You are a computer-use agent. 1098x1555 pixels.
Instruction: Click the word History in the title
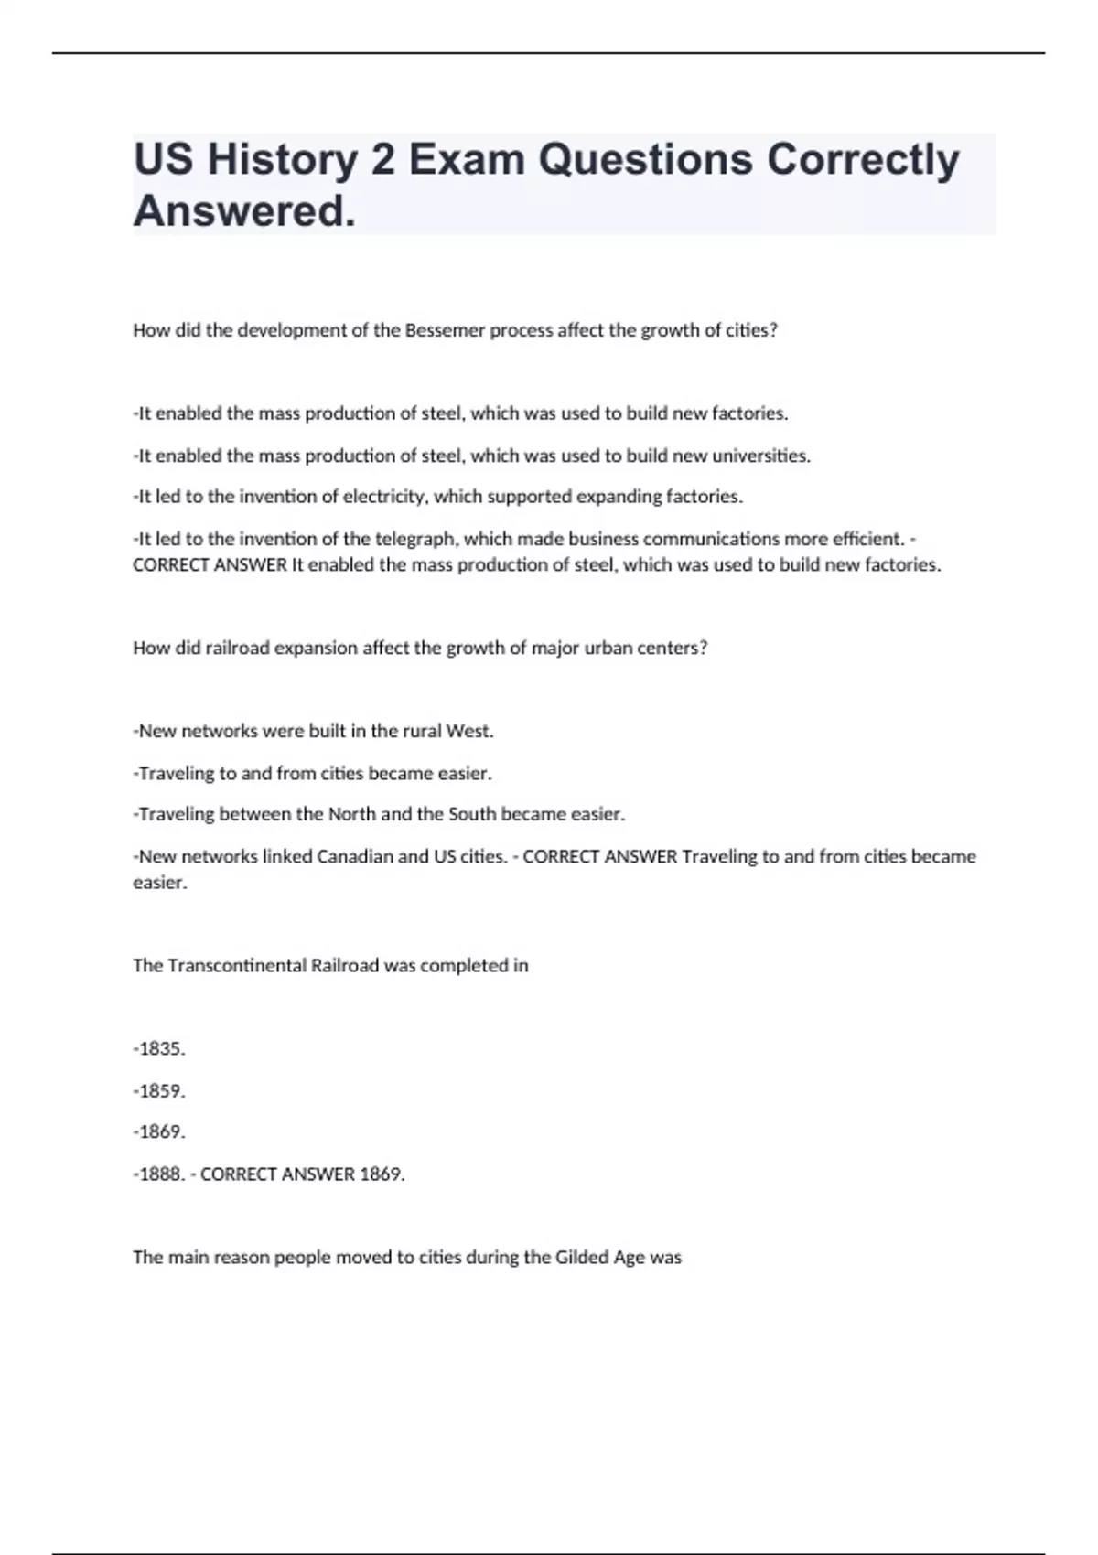(282, 161)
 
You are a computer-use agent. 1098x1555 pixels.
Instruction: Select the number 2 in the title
(382, 161)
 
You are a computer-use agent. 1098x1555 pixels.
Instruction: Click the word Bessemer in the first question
(445, 330)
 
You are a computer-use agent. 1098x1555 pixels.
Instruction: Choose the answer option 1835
(161, 1048)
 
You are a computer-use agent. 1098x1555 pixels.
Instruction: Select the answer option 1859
(161, 1090)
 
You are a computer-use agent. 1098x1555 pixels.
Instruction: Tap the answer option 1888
(161, 1174)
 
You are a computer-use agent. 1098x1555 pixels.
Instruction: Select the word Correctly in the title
(863, 161)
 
